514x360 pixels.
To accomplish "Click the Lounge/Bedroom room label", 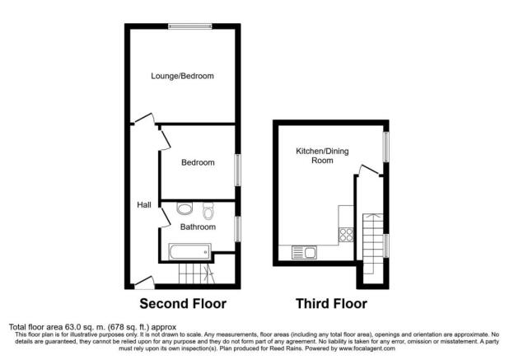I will tap(181, 76).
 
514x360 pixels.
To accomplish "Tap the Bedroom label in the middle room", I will tap(198, 163).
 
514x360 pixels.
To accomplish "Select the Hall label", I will tap(143, 205).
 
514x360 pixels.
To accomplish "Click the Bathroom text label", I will tap(198, 227).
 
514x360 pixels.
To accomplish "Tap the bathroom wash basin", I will tap(185, 208).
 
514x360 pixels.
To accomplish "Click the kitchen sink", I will tap(303, 252).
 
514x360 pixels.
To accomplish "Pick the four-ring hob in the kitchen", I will tap(347, 235).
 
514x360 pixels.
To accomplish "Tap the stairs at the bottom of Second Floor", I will tap(196, 274).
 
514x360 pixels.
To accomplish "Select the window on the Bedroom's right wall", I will tap(239, 170).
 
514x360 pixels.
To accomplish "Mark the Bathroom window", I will tap(239, 228).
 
